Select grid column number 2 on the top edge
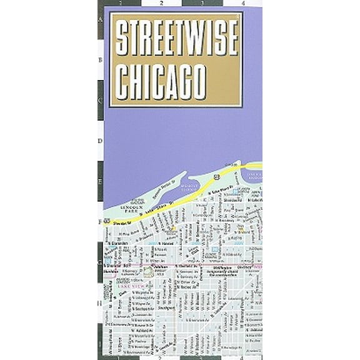pyautogui.click(x=161, y=4)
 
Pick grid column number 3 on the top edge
pyautogui.click(x=202, y=4)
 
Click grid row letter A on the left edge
pyautogui.click(x=100, y=20)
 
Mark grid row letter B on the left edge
pyautogui.click(x=100, y=61)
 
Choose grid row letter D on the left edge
pyautogui.click(x=100, y=141)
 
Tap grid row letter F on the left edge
pyautogui.click(x=100, y=221)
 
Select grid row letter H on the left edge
pyautogui.click(x=100, y=302)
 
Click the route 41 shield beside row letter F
pyautogui.click(x=107, y=221)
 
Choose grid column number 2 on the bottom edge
pyautogui.click(x=161, y=357)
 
